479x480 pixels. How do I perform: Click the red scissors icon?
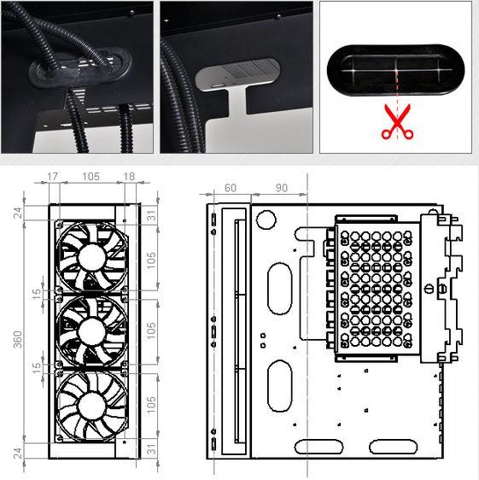click(x=397, y=122)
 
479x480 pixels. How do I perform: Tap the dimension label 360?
click(x=18, y=339)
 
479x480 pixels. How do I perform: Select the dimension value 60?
click(x=231, y=188)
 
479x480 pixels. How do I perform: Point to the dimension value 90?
click(x=282, y=188)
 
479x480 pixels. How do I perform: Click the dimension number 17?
click(x=52, y=176)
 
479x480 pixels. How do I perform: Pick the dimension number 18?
click(x=129, y=176)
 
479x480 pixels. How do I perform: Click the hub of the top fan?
click(x=91, y=257)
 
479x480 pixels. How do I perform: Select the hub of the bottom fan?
click(x=91, y=407)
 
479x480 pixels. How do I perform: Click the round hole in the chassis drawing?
click(x=266, y=220)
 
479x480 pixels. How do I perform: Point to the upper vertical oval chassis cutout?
click(x=280, y=288)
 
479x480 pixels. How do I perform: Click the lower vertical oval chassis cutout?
click(x=280, y=386)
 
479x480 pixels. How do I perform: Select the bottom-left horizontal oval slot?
click(x=318, y=447)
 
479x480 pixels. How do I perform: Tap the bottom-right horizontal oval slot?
click(x=394, y=447)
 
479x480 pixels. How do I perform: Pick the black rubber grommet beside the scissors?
click(x=395, y=70)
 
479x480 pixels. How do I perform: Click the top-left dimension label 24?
click(x=18, y=213)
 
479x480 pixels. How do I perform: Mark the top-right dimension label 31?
click(x=152, y=216)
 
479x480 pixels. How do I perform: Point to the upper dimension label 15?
click(x=37, y=294)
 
